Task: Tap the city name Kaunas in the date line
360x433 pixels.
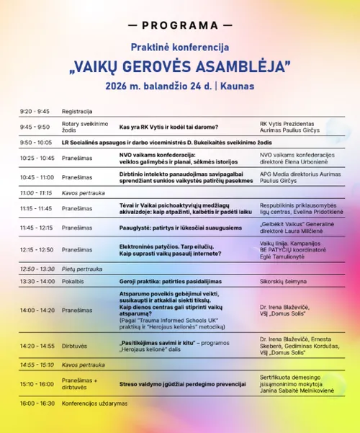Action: (x=238, y=86)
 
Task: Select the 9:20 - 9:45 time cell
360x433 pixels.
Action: (x=35, y=112)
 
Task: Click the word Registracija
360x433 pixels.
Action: (x=77, y=112)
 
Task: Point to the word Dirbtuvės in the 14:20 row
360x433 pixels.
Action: (x=76, y=346)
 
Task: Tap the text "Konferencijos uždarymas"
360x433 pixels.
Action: (x=94, y=403)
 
